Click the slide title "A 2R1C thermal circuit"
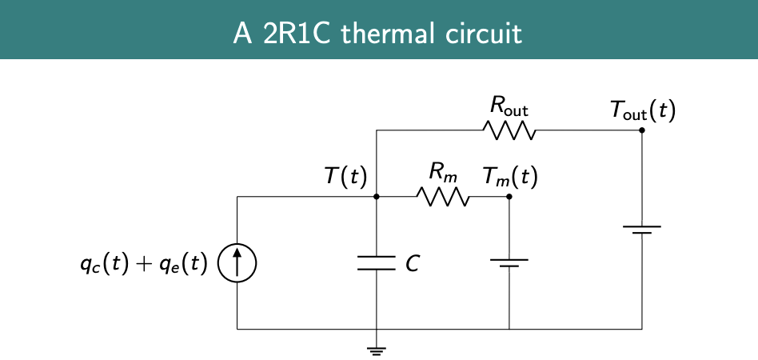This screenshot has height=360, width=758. click(378, 33)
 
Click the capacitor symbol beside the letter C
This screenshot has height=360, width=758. click(377, 262)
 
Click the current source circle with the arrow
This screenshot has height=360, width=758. click(237, 263)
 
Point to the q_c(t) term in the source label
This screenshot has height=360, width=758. click(103, 264)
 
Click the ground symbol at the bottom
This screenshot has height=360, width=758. click(377, 348)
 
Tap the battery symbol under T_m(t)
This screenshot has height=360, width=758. click(509, 262)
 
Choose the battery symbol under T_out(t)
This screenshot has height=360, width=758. click(642, 230)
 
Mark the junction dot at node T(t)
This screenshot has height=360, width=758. click(377, 196)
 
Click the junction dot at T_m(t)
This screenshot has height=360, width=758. click(509, 196)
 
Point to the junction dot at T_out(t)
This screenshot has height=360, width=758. click(642, 130)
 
